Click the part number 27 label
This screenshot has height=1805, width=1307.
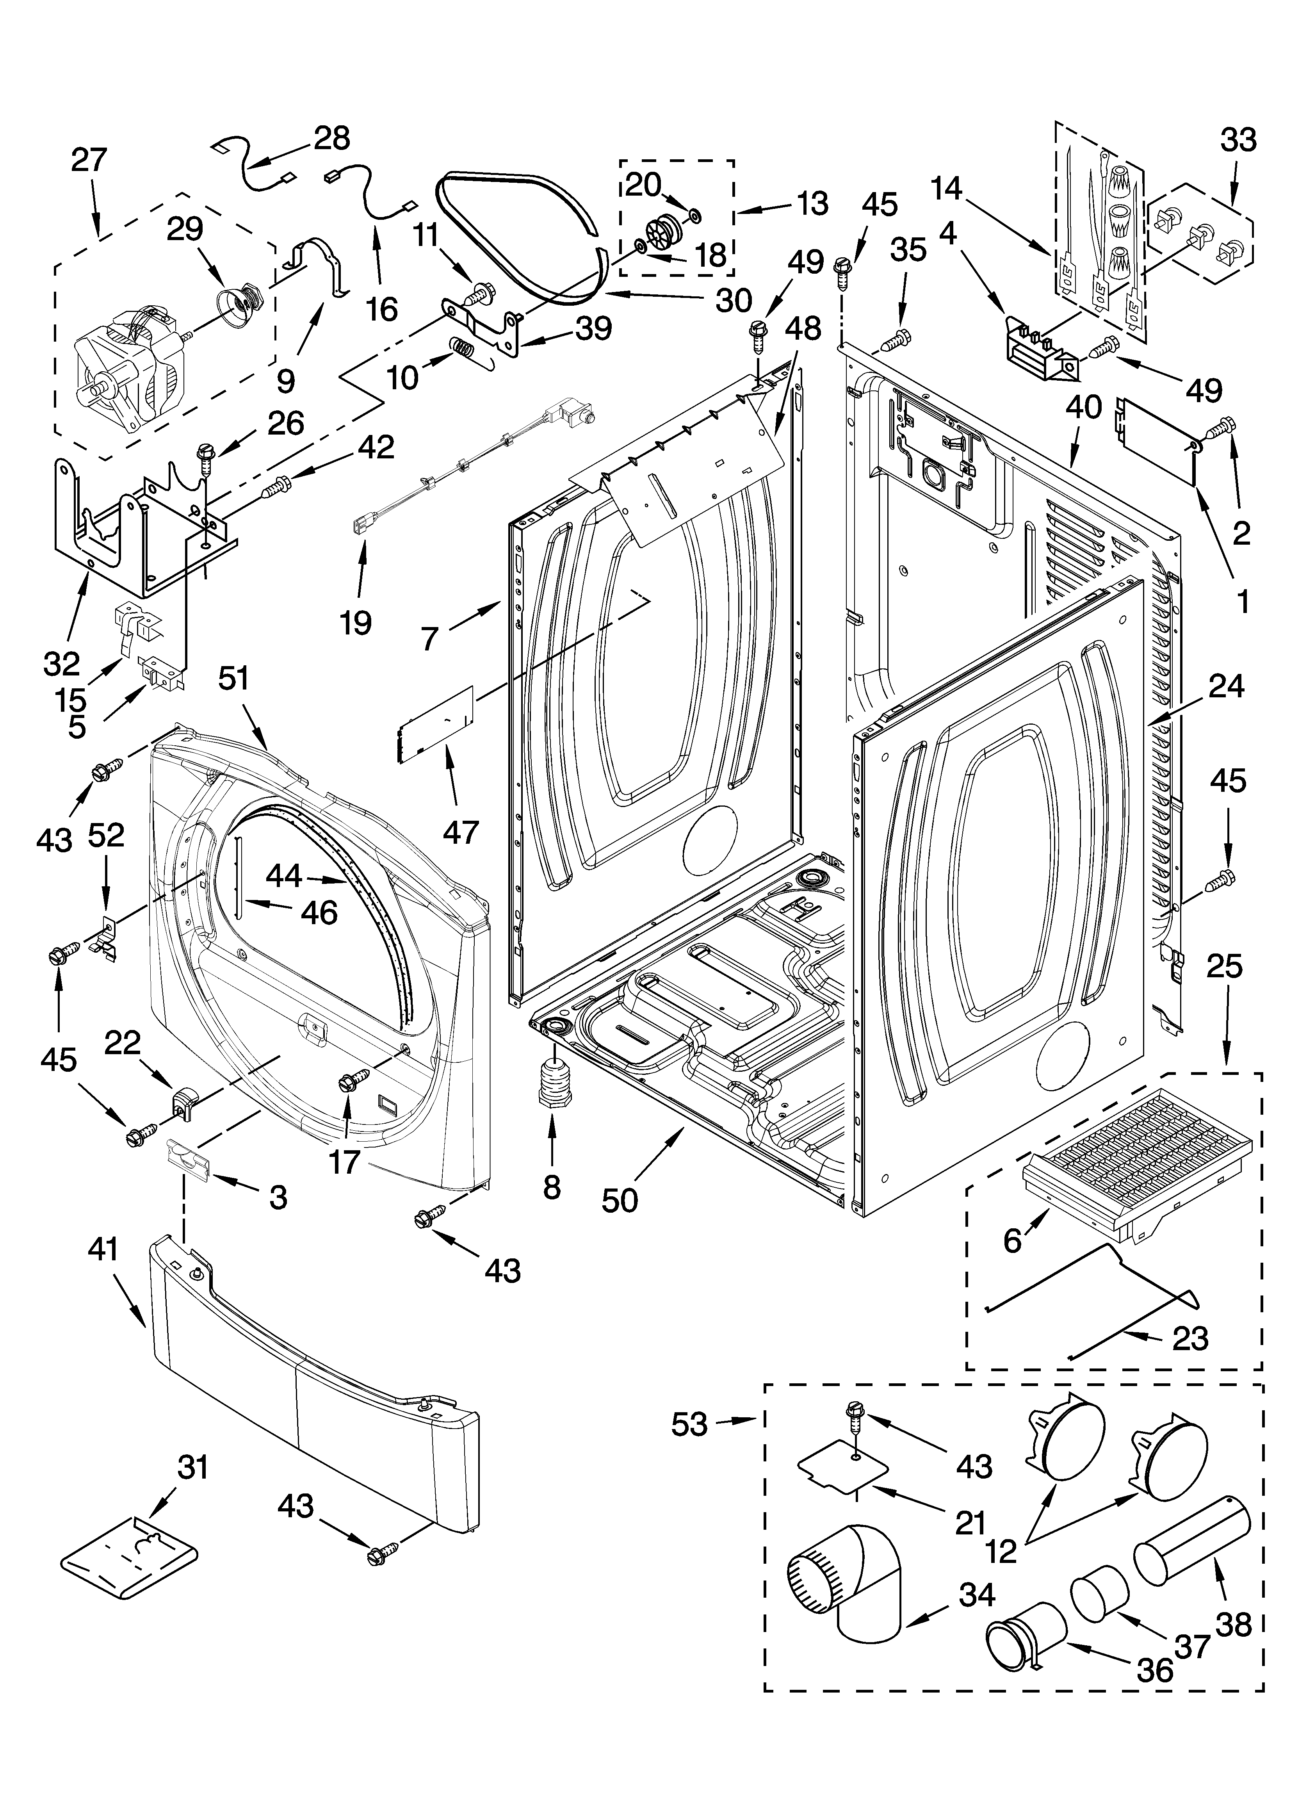pos(88,160)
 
